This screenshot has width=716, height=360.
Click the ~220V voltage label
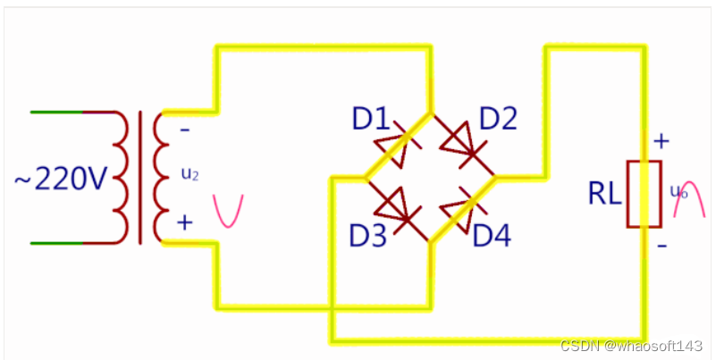point(61,180)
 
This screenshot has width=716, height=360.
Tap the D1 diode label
point(368,118)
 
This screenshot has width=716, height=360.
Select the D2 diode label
point(499,118)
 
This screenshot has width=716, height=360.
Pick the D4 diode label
point(494,237)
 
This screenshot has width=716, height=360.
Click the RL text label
point(604,194)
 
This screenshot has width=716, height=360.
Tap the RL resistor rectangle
point(643,194)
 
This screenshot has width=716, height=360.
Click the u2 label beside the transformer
point(190,175)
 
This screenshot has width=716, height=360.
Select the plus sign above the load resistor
point(661,141)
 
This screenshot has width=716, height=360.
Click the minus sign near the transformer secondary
point(184,129)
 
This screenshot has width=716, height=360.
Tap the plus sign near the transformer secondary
point(184,222)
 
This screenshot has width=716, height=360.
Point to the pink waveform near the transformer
point(227,211)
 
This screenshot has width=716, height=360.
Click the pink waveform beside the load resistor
point(690,202)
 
